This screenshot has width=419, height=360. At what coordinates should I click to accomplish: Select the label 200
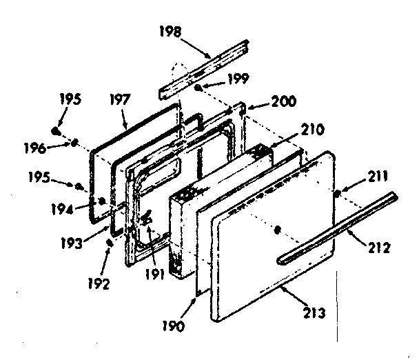[x=265, y=101]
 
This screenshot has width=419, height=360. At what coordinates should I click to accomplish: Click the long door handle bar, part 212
[x=338, y=228]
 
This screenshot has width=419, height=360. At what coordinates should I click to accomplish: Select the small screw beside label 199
[x=198, y=88]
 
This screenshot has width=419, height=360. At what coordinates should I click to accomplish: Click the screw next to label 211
[x=336, y=194]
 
